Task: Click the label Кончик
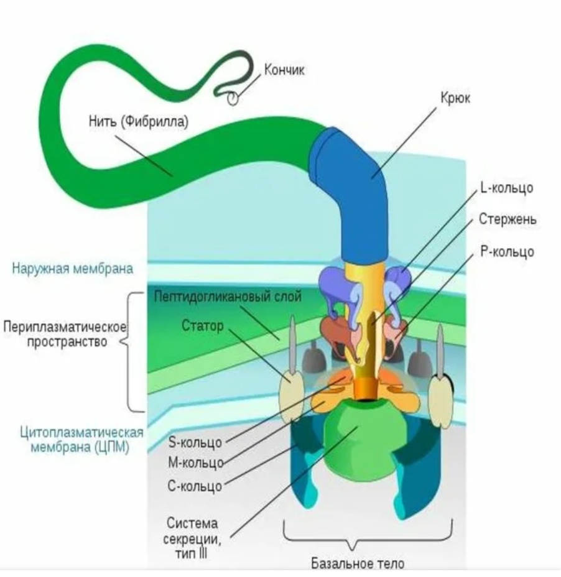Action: [284, 70]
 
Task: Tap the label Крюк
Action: [455, 98]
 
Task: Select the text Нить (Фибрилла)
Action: [139, 121]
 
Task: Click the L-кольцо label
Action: [507, 187]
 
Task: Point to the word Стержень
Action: [508, 219]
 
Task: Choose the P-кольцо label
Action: [507, 251]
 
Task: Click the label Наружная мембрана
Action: [73, 268]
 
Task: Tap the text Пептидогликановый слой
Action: [228, 296]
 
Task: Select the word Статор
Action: [203, 326]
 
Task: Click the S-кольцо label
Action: [195, 442]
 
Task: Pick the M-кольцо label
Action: [196, 463]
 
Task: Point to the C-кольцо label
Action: [195, 486]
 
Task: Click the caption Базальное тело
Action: [358, 563]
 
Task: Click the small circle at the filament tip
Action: [233, 98]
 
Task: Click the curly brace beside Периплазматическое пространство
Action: [129, 351]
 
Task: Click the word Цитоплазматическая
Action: [81, 432]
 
